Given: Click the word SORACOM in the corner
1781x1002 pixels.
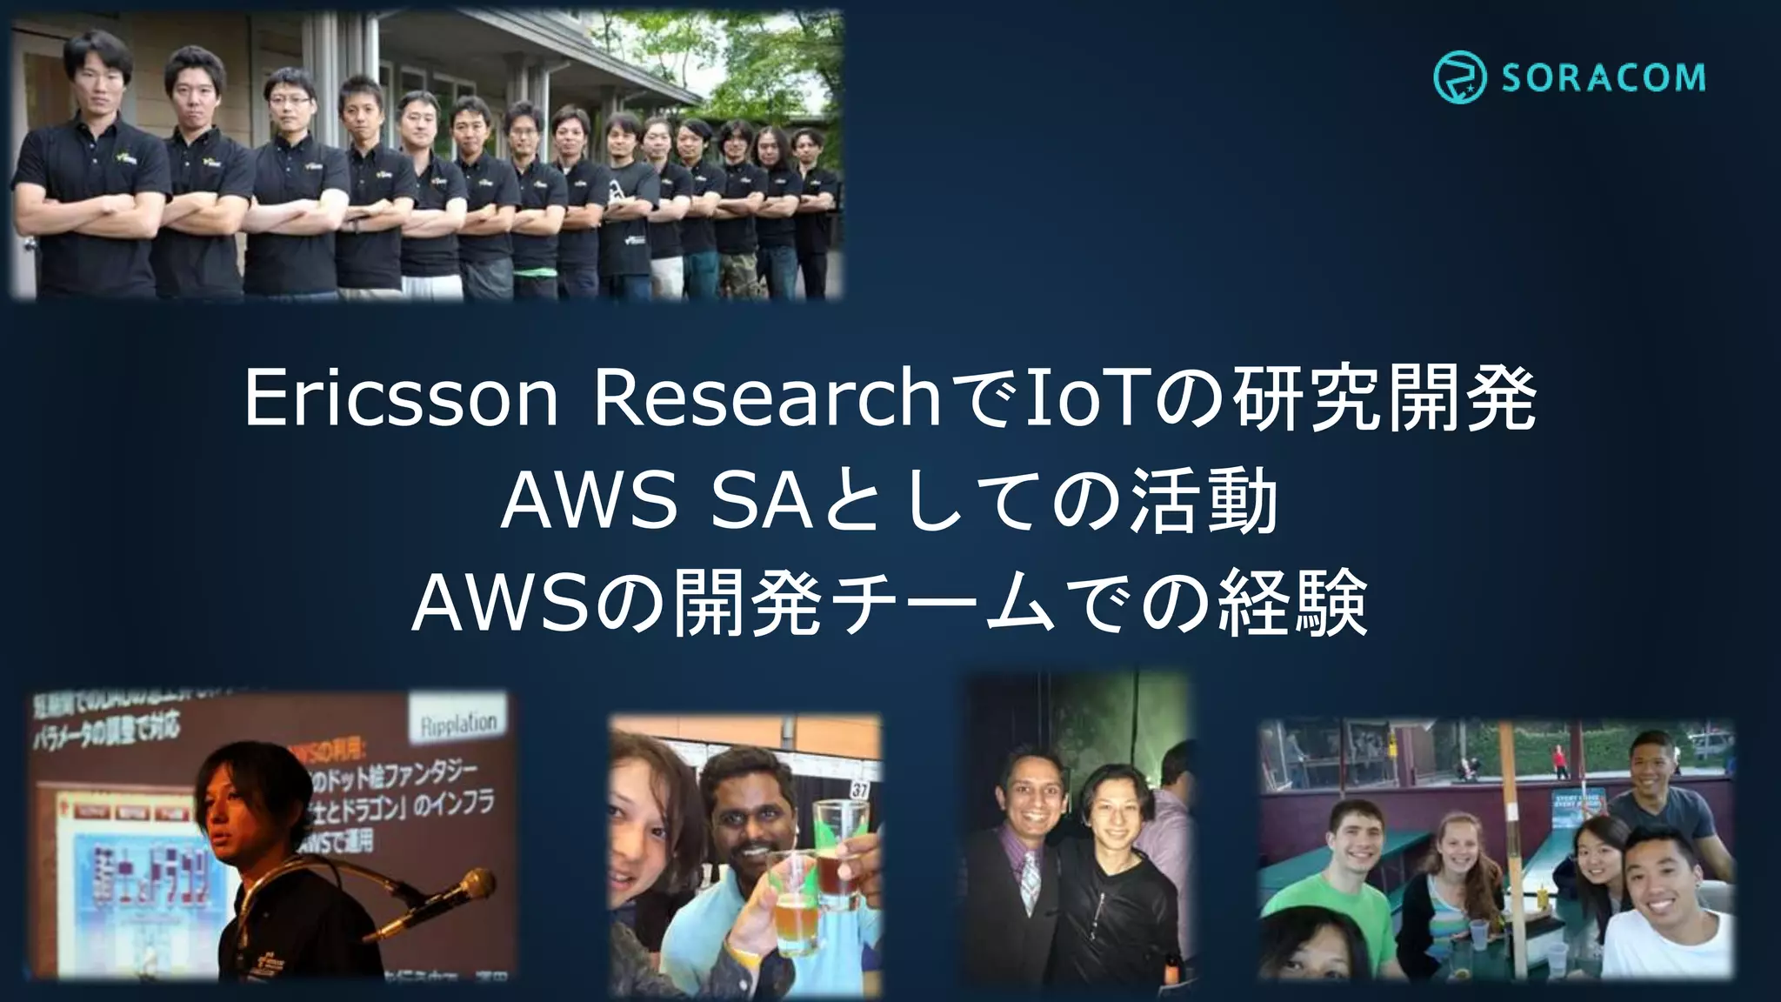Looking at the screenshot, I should coord(1603,78).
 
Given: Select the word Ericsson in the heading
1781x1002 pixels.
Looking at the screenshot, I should coord(400,399).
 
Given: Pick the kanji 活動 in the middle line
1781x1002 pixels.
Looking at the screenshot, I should coord(1204,503).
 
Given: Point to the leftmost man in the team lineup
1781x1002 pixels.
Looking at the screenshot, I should coord(91,165).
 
